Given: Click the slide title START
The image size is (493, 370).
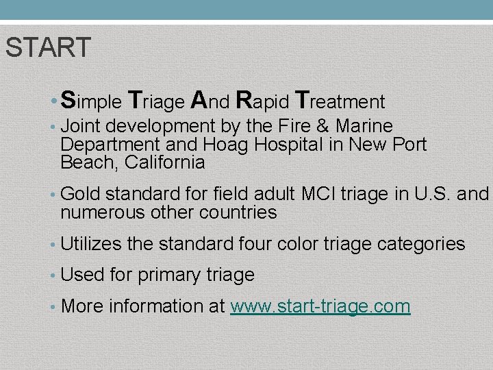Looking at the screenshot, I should pos(47,48).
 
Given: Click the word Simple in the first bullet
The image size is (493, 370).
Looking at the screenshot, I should pos(91,101).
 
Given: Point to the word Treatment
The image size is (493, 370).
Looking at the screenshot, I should pos(340,101).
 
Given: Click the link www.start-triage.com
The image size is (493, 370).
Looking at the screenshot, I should pos(320,306).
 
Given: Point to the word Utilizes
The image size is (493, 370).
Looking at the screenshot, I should pos(90,244).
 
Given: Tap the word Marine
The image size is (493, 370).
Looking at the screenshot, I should pos(364,127).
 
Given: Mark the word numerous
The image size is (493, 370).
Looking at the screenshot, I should pos(103,213).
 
